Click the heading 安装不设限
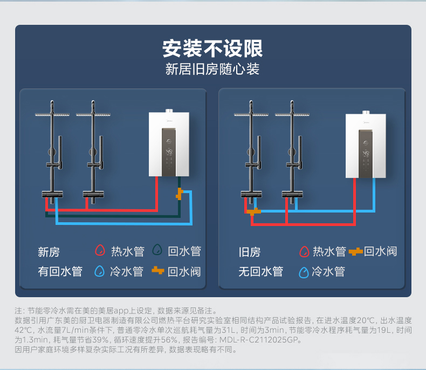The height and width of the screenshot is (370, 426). pyautogui.click(x=212, y=49)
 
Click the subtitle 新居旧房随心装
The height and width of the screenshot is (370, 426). pyautogui.click(x=212, y=70)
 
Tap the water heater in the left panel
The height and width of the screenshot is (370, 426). pyautogui.click(x=169, y=145)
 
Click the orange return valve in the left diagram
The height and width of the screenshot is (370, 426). pyautogui.click(x=180, y=194)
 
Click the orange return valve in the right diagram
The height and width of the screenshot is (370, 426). pyautogui.click(x=253, y=211)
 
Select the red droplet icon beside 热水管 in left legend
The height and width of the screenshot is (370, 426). pyautogui.click(x=99, y=251)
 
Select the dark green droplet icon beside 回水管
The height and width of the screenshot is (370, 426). pyautogui.click(x=157, y=251)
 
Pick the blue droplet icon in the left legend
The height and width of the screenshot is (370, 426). pyautogui.click(x=99, y=271)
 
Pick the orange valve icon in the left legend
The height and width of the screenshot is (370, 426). pyautogui.click(x=157, y=271)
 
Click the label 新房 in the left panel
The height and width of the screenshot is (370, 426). pyautogui.click(x=49, y=252)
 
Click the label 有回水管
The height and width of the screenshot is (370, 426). pyautogui.click(x=60, y=271)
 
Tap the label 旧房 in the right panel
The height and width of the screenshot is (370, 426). pyautogui.click(x=249, y=252)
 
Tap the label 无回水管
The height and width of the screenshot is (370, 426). pyautogui.click(x=260, y=271)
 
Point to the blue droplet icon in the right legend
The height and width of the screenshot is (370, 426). pyautogui.click(x=304, y=272)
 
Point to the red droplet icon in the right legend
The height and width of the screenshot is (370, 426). pyautogui.click(x=304, y=251)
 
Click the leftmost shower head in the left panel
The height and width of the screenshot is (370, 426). pyautogui.click(x=52, y=115)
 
